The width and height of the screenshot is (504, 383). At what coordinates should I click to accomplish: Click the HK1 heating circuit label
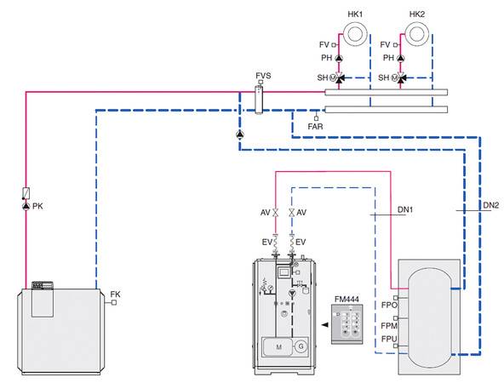(x=355, y=14)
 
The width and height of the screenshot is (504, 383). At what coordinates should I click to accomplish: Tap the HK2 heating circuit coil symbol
(x=416, y=33)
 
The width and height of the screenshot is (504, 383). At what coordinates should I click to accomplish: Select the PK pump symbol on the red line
(x=26, y=206)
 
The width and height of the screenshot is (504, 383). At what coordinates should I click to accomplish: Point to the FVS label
(x=263, y=76)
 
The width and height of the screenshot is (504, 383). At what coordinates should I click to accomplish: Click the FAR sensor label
(x=315, y=127)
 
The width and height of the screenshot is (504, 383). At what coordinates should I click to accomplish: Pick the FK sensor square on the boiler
(x=113, y=302)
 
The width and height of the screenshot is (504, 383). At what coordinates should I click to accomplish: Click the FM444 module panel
(x=347, y=324)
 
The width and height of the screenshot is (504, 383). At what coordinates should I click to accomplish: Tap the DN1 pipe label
(x=405, y=210)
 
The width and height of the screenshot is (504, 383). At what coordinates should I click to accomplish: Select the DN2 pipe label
(x=491, y=205)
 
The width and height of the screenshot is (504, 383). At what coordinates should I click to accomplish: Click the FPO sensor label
(x=389, y=305)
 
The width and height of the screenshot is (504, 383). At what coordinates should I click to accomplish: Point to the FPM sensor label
(x=389, y=326)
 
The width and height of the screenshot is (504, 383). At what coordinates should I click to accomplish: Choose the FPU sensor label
(x=389, y=340)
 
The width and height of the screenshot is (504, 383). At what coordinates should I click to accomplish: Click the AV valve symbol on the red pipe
(x=276, y=213)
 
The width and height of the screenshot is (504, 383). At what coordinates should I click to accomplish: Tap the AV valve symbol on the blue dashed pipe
(x=292, y=213)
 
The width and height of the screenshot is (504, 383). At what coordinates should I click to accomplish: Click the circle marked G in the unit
(x=301, y=346)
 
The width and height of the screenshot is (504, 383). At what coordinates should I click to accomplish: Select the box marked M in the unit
(x=278, y=346)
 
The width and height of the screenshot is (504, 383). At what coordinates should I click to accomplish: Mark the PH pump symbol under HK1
(x=339, y=58)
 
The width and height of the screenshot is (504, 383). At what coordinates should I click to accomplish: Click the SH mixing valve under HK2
(x=401, y=77)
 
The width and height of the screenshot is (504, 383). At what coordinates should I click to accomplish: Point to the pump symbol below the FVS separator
(x=240, y=134)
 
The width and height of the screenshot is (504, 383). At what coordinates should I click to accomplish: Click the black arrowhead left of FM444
(x=325, y=325)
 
